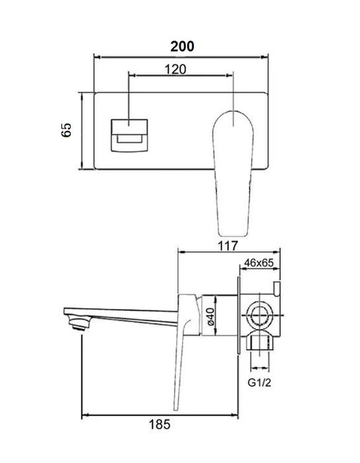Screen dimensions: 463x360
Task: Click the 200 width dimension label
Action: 181,46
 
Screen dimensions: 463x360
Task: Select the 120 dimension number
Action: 175,69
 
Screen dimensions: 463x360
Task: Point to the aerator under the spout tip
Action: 80,323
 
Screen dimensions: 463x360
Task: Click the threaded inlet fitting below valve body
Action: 260,342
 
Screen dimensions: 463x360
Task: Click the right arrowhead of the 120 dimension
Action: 232,76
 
